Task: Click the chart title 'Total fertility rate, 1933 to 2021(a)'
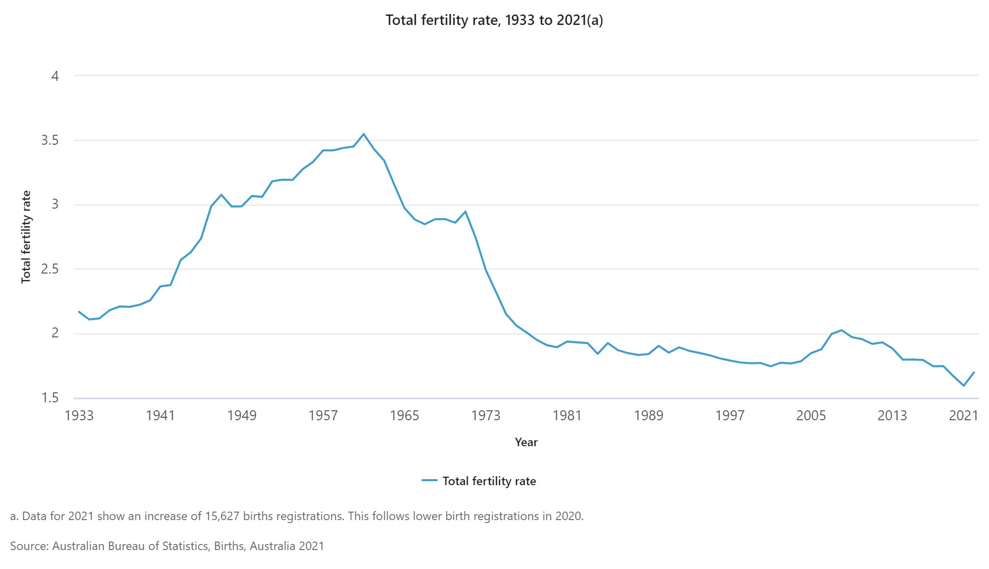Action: click(x=494, y=20)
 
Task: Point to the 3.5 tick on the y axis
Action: click(x=49, y=140)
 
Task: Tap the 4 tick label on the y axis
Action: click(x=55, y=76)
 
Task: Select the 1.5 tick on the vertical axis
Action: click(x=49, y=398)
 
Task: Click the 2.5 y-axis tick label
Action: click(x=49, y=269)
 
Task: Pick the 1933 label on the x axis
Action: click(x=79, y=415)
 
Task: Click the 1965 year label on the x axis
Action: click(x=404, y=415)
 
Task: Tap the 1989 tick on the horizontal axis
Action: click(x=648, y=415)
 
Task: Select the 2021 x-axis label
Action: click(x=963, y=415)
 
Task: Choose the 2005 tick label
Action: click(x=811, y=415)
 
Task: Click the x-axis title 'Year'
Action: click(x=526, y=442)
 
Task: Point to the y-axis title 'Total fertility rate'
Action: click(x=26, y=237)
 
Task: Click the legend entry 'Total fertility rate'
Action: click(x=489, y=481)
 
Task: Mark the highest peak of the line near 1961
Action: click(x=364, y=134)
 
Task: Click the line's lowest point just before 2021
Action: click(x=964, y=386)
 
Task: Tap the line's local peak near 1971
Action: click(x=466, y=212)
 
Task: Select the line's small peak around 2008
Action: click(x=842, y=330)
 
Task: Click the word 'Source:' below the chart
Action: click(x=29, y=546)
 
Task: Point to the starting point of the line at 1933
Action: click(x=79, y=311)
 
